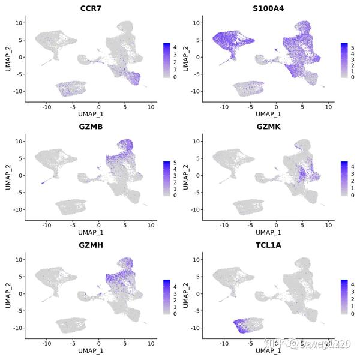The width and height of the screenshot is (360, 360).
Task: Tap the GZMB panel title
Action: click(91, 126)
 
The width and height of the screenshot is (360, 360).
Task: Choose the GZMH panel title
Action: click(91, 244)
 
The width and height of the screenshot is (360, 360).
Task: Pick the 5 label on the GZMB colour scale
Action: click(174, 164)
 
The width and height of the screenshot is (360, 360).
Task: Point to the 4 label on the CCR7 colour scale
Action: click(174, 46)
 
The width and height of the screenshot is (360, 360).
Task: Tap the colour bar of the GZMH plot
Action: click(166, 296)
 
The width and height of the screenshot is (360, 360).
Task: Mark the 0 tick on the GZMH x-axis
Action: click(100, 342)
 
